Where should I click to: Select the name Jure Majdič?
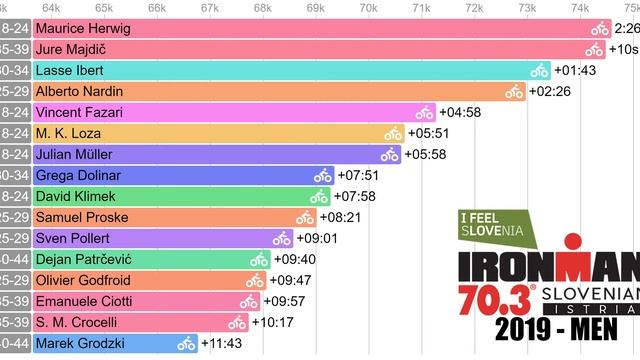pos(70,49)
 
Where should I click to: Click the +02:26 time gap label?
pos(551,92)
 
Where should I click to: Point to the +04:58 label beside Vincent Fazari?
pos(461,113)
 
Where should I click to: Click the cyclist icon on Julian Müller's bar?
pos(389,155)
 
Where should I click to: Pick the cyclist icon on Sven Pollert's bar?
pos(281,238)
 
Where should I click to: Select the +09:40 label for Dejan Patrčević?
pos(293,259)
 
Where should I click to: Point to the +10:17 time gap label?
pos(272,322)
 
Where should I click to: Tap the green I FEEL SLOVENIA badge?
pos(493,228)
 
